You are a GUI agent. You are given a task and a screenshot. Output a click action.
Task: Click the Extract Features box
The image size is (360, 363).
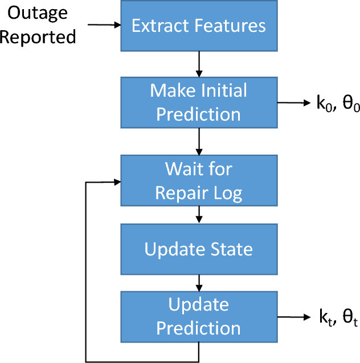[198, 26]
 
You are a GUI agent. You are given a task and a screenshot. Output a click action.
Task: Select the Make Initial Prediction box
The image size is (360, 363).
[198, 102]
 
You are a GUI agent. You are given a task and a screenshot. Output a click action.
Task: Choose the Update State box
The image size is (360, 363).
[198, 249]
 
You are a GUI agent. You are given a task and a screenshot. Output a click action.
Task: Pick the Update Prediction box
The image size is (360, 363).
[198, 316]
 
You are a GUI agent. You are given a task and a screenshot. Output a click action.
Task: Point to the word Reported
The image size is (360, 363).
[38, 38]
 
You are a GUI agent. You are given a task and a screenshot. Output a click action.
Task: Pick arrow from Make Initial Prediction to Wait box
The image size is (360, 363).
[198, 141]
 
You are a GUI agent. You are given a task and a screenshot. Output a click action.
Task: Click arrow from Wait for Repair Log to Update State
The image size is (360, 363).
[198, 214]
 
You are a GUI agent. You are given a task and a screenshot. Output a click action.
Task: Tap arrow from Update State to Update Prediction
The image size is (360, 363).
[198, 282]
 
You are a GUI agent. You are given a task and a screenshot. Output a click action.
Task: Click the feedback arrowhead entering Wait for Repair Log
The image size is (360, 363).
[116, 182]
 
